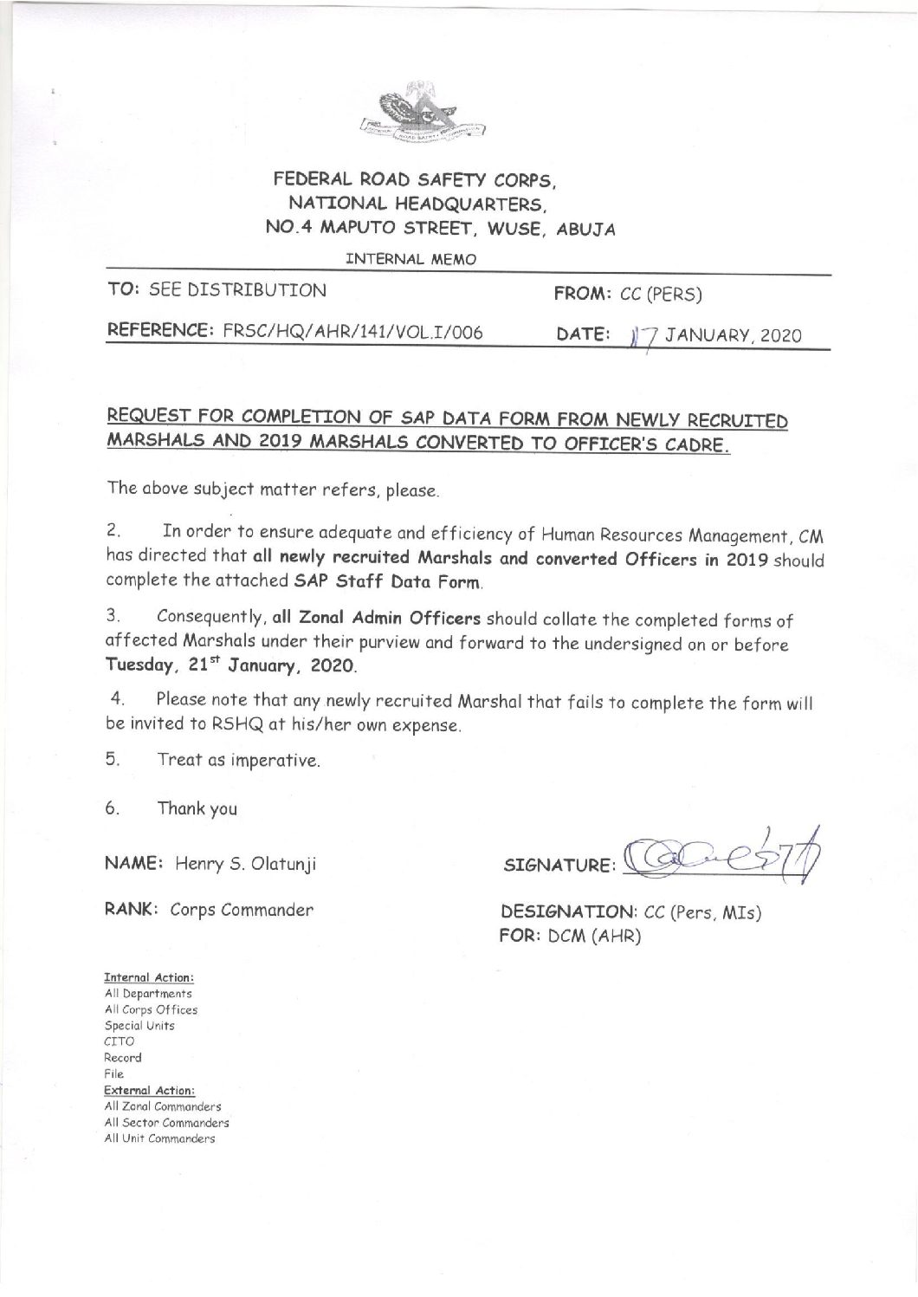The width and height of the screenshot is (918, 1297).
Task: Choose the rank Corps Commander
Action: pos(241,911)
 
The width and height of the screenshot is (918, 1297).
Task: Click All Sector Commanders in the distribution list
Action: pos(166,1123)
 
